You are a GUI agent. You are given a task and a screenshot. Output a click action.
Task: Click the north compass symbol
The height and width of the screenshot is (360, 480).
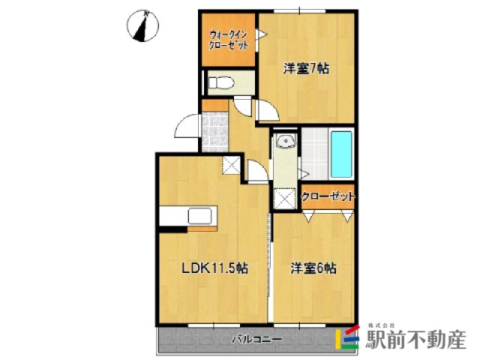142,25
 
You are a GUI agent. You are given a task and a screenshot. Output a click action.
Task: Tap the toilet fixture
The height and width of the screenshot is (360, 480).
220,82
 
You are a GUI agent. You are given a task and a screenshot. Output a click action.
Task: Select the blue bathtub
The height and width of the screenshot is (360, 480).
341,154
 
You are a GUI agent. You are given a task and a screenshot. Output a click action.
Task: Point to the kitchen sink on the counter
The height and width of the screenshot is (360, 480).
200,215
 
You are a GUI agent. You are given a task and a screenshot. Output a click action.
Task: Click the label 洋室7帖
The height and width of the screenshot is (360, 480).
306,69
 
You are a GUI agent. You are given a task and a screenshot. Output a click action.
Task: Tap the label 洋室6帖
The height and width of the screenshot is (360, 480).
313,268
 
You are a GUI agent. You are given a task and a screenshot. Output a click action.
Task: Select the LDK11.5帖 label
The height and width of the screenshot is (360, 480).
215,268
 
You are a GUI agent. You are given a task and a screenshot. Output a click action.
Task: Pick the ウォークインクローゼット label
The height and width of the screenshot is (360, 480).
228,40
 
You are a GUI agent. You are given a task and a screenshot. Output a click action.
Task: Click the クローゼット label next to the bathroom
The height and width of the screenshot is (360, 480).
328,196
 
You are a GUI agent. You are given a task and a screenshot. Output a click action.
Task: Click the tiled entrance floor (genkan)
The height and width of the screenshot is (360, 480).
215,132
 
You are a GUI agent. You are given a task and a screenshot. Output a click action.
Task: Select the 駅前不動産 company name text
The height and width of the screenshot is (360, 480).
416,340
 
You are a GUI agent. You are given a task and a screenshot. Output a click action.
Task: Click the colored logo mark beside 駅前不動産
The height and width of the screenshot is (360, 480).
347,339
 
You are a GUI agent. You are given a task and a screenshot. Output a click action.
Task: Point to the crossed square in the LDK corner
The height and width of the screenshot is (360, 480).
231,165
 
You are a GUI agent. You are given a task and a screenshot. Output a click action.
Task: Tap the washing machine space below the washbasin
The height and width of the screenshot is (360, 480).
285,198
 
